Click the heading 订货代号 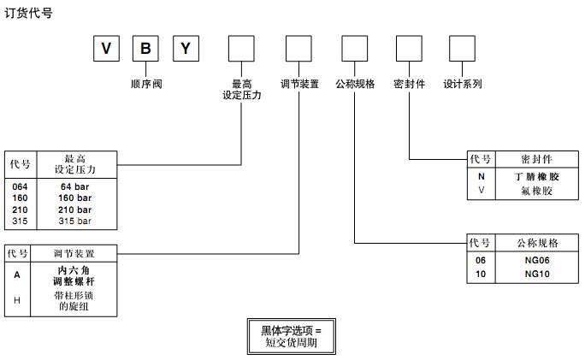pyautogui.click(x=29, y=14)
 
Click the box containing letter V pyautogui.click(x=105, y=48)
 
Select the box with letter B pyautogui.click(x=145, y=48)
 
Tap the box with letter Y pyautogui.click(x=186, y=48)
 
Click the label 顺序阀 pyautogui.click(x=145, y=85)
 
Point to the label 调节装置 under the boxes pyautogui.click(x=299, y=85)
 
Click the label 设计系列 pyautogui.click(x=463, y=85)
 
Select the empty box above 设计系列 pyautogui.click(x=463, y=48)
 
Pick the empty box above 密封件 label pyautogui.click(x=409, y=48)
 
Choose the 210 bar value pyautogui.click(x=75, y=210)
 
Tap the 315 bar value pyautogui.click(x=75, y=221)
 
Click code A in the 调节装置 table pyautogui.click(x=17, y=275)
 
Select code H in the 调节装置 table pyautogui.click(x=17, y=299)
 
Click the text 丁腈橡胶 pyautogui.click(x=535, y=176)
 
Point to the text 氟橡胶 pyautogui.click(x=535, y=191)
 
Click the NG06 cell pyautogui.click(x=535, y=261)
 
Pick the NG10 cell pyautogui.click(x=535, y=274)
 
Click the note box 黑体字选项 pyautogui.click(x=291, y=336)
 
